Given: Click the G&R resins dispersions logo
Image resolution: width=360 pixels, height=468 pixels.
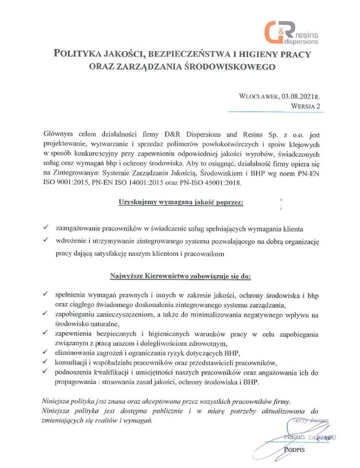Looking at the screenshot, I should tap(295, 34).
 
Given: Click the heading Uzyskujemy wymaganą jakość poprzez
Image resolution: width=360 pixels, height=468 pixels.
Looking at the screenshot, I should tap(180, 203).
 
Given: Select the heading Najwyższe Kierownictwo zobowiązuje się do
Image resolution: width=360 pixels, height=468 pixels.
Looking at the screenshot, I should tap(180, 276).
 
